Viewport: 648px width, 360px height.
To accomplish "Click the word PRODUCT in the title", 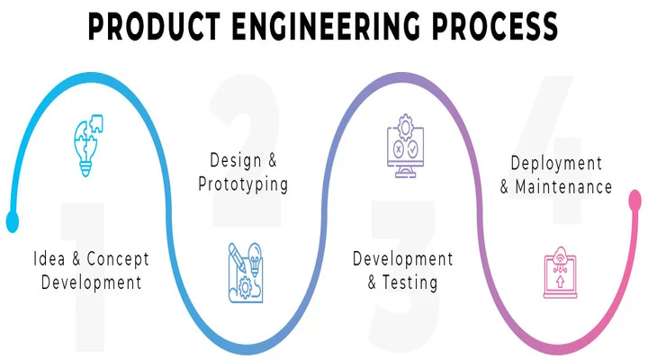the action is click(x=154, y=26).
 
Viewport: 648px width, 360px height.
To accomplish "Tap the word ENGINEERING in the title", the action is click(x=326, y=26).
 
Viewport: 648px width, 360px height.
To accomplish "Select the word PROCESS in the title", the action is click(x=495, y=26).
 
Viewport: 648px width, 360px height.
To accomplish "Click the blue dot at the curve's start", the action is click(x=13, y=221).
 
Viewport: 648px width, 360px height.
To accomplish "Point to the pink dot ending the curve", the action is click(x=635, y=200).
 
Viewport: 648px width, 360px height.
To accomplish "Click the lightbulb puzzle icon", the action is click(x=88, y=145).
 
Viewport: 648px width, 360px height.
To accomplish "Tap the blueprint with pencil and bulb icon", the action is click(x=246, y=273).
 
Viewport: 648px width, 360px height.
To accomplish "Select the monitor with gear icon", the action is click(x=405, y=146).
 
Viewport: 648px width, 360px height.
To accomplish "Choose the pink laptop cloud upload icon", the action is click(x=560, y=273).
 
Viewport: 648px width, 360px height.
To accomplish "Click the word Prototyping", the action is click(x=243, y=184).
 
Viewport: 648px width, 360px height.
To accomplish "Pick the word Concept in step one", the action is click(x=118, y=259).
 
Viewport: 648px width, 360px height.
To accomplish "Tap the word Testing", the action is click(x=409, y=283).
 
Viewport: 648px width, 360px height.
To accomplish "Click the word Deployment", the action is click(x=556, y=163).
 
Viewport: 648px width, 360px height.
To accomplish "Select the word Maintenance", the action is click(x=563, y=187).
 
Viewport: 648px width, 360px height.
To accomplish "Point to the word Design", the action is click(x=236, y=160).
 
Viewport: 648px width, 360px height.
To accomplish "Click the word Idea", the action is click(x=49, y=258).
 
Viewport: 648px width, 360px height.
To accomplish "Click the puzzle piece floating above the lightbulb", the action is click(x=96, y=123).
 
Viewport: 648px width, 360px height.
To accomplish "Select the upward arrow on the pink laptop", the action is click(x=560, y=282).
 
